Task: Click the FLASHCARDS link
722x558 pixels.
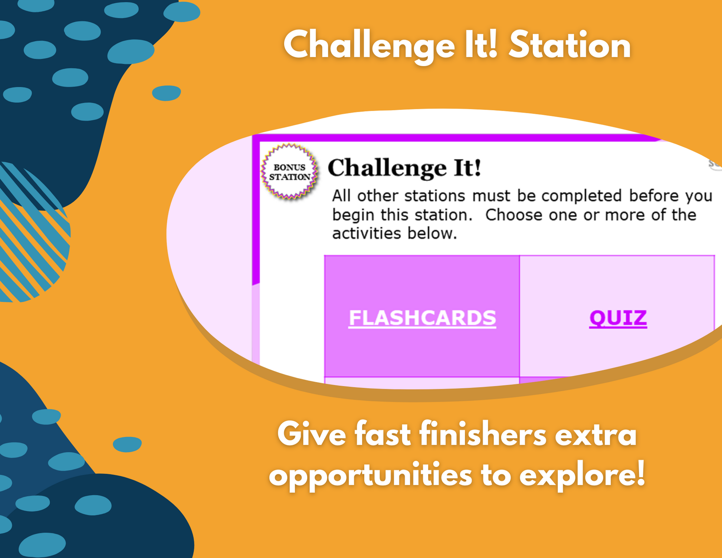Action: click(x=422, y=318)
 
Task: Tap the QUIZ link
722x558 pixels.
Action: click(x=618, y=318)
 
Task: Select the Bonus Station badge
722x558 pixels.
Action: click(x=289, y=172)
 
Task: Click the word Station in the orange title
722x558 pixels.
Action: click(x=570, y=46)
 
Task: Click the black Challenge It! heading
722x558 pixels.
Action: click(x=404, y=168)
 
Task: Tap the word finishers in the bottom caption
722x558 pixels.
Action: click(x=483, y=434)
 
